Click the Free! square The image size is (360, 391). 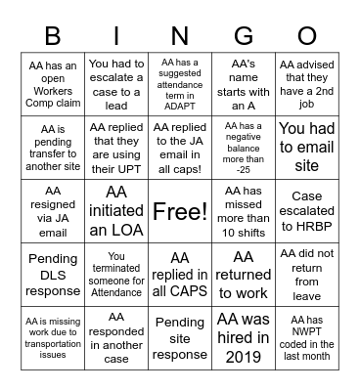180,211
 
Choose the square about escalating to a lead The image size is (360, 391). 116,85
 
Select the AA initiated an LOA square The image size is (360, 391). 116,211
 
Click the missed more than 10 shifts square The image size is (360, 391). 245,211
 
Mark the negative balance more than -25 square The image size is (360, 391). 245,148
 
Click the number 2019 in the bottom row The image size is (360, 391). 245,357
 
